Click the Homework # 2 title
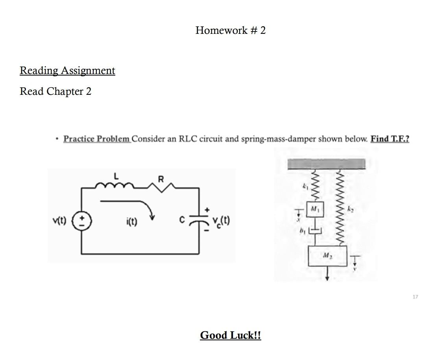230,30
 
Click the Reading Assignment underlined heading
67,70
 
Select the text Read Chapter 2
55,91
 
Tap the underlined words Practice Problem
97,139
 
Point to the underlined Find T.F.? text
390,139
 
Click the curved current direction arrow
130,207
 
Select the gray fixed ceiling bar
326,164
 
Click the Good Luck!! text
230,335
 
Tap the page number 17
416,296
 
